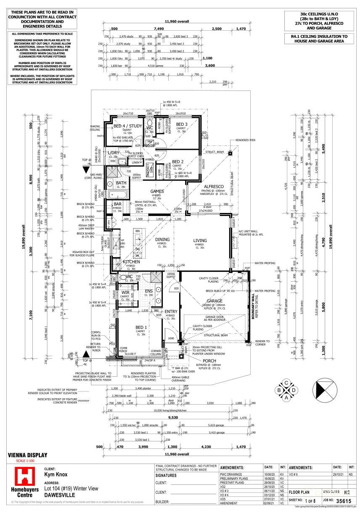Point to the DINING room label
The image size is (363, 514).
coord(162,240)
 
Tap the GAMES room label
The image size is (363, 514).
coord(157,191)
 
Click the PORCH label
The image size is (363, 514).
coord(209,361)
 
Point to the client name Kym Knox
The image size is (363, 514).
coord(56,474)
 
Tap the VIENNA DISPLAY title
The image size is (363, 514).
coord(28,455)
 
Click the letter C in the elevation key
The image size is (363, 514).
coord(286,382)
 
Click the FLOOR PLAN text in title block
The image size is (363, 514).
coord(299,491)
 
